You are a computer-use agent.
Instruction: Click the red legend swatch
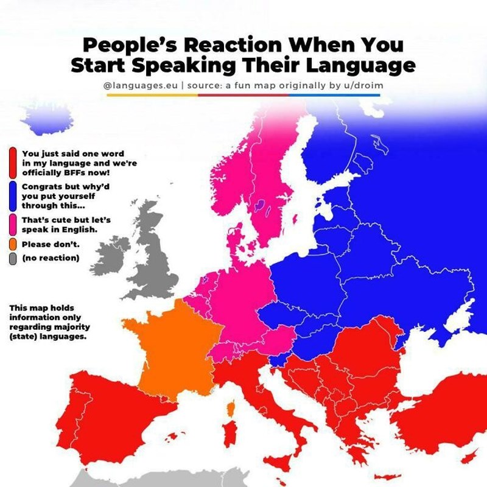point(13,162)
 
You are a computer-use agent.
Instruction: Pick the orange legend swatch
point(13,245)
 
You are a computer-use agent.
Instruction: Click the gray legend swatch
point(13,258)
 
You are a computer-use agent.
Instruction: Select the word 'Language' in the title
point(360,65)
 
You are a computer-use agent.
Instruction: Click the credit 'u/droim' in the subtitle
point(362,86)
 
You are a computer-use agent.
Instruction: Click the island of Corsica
point(231,407)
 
